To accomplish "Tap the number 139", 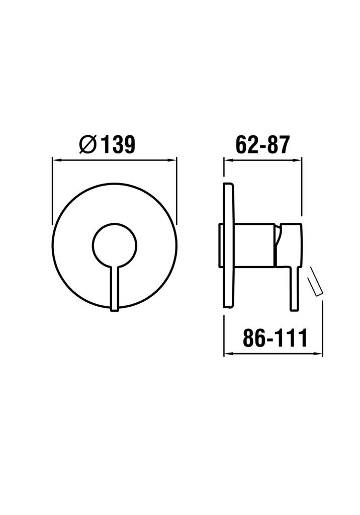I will click(119, 144).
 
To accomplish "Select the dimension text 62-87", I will click(262, 144).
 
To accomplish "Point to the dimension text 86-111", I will click(275, 338).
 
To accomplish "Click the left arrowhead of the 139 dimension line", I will click(56, 160).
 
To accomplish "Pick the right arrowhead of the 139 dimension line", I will click(173, 160).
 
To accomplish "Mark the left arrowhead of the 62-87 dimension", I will click(227, 160).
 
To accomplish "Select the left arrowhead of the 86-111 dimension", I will click(227, 354).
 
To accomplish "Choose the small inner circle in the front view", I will click(114, 245).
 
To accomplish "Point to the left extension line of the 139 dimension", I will click(52, 191).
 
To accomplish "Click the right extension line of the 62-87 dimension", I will click(302, 186).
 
